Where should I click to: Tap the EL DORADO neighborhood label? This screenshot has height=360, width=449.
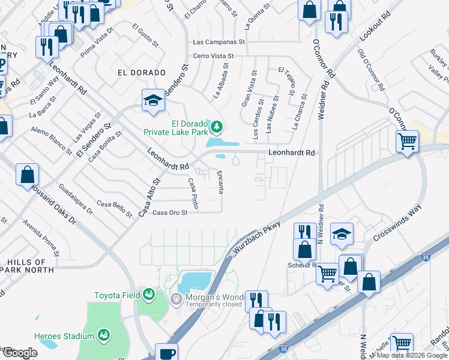(141, 73)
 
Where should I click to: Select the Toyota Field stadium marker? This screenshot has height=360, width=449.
(148, 295)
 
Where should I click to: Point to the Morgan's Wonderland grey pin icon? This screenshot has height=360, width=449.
(176, 298)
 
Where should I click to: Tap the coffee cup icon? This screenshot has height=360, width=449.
(166, 353)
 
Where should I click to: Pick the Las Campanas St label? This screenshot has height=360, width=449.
(219, 42)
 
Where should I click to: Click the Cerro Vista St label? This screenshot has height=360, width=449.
(216, 56)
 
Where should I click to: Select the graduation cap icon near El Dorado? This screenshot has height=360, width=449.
(153, 100)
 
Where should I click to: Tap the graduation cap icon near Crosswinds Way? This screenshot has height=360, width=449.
(342, 233)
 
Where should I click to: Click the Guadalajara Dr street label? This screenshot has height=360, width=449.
(77, 199)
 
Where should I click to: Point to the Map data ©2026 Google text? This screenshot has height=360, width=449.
(412, 355)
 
